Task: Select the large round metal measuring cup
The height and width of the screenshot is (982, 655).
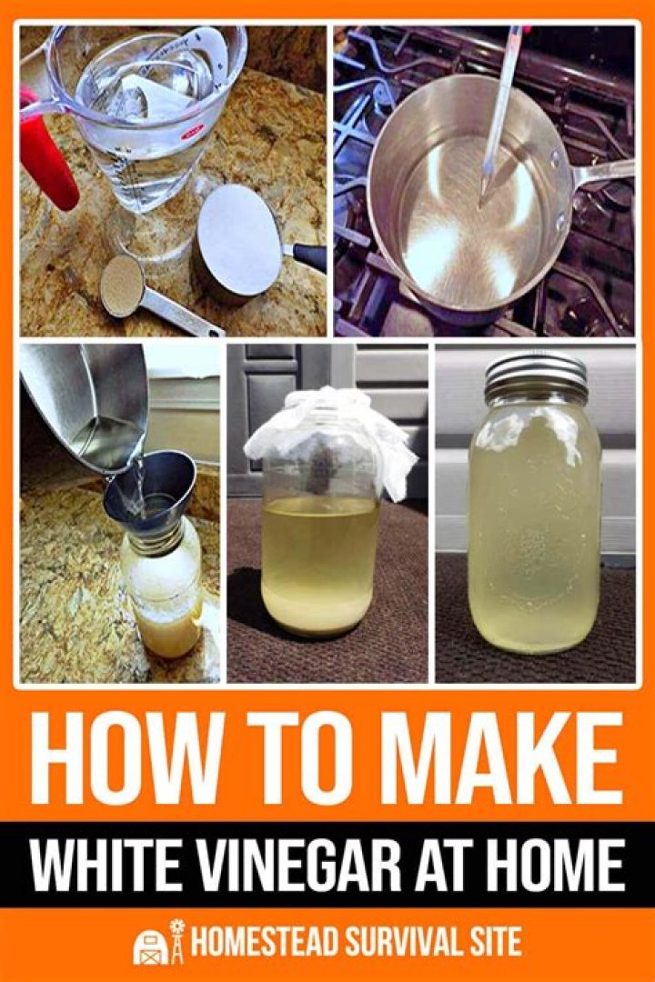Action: tap(241, 241)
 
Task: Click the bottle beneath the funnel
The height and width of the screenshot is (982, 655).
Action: tap(164, 591)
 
